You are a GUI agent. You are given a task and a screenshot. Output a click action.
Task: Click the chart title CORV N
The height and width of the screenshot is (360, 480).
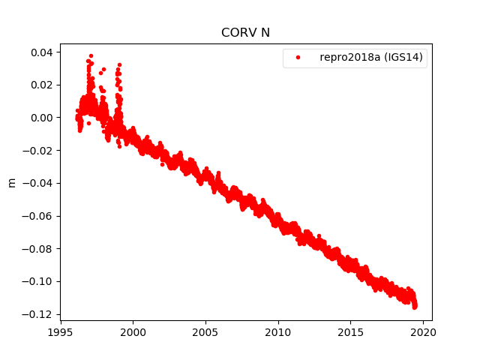[246, 33]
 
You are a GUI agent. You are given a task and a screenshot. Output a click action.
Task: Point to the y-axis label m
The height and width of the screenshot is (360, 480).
[11, 182]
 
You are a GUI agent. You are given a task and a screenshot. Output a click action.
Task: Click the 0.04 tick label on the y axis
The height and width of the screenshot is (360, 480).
[40, 52]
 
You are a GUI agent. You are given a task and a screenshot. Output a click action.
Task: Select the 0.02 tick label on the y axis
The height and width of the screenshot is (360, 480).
[40, 85]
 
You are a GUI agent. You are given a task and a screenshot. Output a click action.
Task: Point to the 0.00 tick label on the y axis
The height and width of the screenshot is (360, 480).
[40, 118]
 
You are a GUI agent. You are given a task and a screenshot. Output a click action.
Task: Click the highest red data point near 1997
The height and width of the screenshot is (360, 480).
[91, 55]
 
